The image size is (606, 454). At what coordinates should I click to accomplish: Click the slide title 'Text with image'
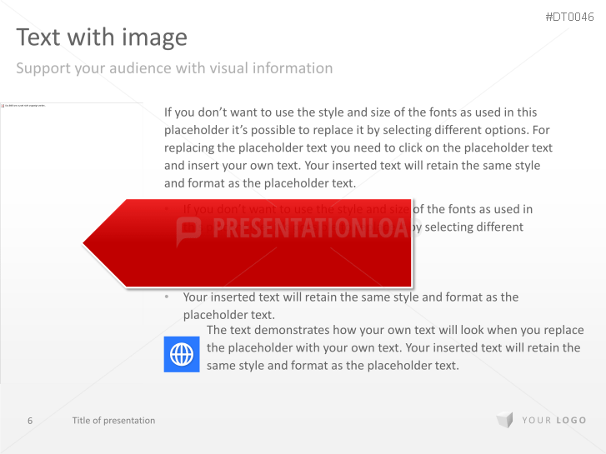coord(102,37)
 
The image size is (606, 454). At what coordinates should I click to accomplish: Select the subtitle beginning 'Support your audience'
coord(174,68)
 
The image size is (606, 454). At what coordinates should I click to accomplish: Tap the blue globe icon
coord(182,355)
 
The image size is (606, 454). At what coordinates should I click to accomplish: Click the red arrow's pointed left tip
coord(85,243)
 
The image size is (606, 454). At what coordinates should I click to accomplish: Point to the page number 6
coord(30,421)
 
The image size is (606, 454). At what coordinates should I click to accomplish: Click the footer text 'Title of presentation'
coord(113,421)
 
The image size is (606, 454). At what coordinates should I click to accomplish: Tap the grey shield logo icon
coord(504,421)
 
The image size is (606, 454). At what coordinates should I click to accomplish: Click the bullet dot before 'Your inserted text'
coord(167,297)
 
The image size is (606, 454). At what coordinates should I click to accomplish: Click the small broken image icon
coord(3,106)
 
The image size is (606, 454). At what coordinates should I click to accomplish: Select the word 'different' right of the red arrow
coord(494,227)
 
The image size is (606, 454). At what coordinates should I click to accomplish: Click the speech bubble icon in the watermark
coord(189,231)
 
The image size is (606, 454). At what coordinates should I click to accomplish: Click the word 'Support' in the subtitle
coord(43,68)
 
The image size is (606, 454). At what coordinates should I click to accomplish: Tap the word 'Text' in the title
coord(36,37)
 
